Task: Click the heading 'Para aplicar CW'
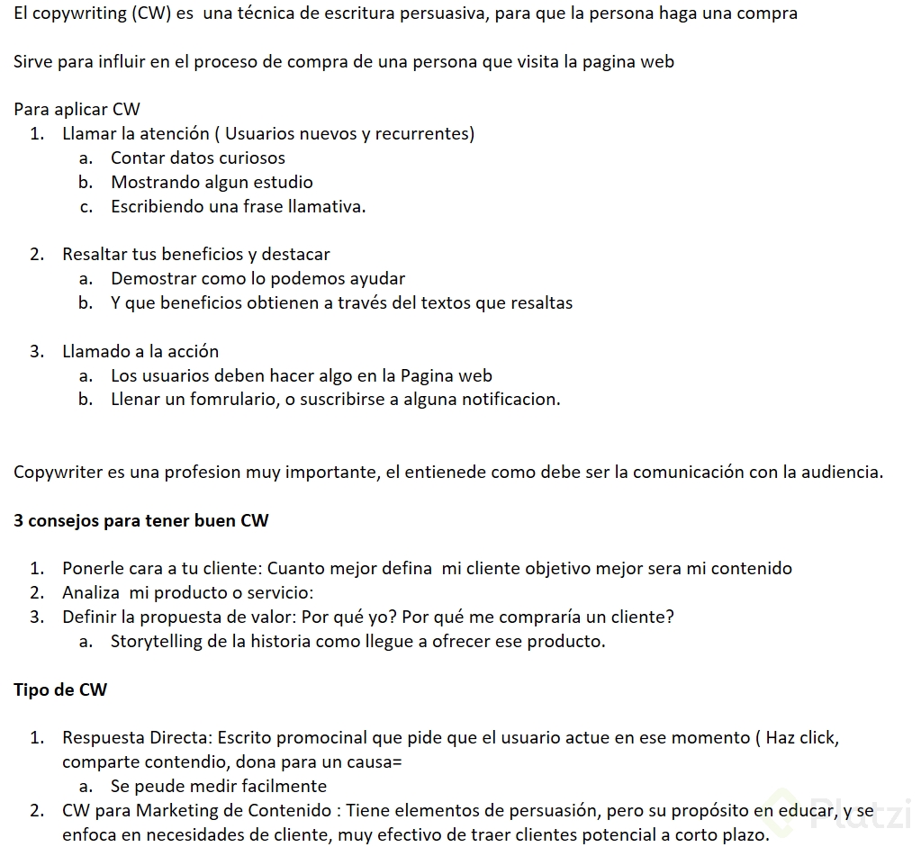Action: click(x=77, y=110)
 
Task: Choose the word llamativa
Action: click(x=326, y=207)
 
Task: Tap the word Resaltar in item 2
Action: click(x=95, y=255)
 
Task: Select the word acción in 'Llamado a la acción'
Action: click(x=193, y=352)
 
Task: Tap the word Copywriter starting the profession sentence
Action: click(x=57, y=473)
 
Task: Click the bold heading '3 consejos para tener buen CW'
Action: click(x=141, y=521)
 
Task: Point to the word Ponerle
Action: click(x=92, y=569)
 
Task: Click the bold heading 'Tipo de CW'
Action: click(x=60, y=690)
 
